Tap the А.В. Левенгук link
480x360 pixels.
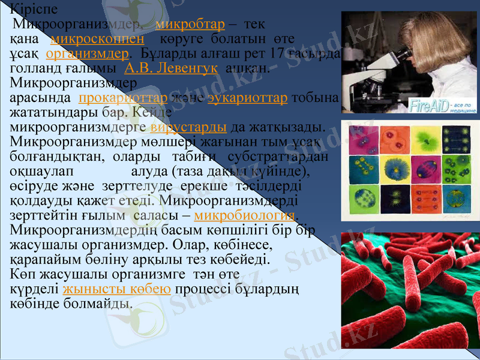point(170,68)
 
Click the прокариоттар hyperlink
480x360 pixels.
point(122,98)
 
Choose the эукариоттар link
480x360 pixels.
point(247,98)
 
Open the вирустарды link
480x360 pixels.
point(188,128)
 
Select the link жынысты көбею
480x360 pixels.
point(118,289)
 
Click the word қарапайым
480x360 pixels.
point(44,260)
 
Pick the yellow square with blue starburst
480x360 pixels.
point(396,170)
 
